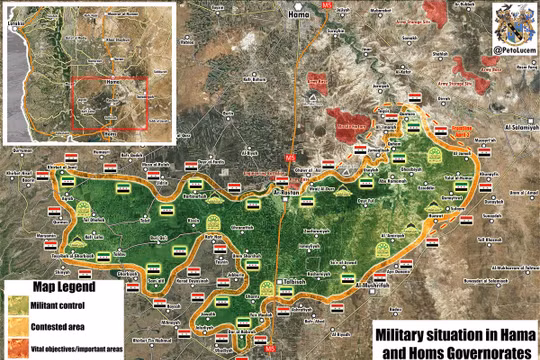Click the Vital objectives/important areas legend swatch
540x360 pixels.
click(15, 344)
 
